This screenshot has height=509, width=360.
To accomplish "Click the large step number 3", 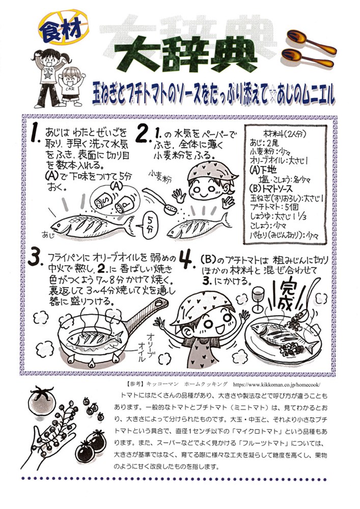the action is tap(35, 258).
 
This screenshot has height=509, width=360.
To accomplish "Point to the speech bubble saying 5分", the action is tap(149, 223).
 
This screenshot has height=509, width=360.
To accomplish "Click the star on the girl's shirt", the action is tap(48, 75).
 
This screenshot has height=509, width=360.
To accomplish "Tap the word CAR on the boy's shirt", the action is tap(70, 89).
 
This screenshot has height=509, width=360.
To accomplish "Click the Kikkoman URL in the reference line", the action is tap(276, 384).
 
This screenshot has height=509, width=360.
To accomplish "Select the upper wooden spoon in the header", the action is tap(311, 41).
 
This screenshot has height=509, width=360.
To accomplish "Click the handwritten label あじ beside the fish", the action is tap(47, 234).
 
